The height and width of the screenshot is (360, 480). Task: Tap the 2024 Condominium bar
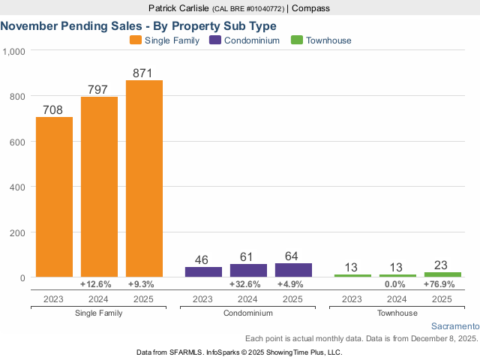click(248, 271)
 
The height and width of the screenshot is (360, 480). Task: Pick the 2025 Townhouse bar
click(442, 274)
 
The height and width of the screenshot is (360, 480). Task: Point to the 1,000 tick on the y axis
click(14, 51)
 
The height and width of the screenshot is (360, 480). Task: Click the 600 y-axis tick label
click(17, 142)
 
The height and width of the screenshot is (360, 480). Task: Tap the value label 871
click(144, 73)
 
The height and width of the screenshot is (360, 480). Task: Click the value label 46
click(203, 259)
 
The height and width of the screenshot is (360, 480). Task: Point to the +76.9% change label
click(442, 285)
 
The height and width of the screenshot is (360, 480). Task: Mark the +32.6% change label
click(248, 285)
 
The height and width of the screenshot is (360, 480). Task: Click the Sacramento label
click(454, 327)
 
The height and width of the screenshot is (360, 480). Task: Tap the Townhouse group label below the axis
click(397, 313)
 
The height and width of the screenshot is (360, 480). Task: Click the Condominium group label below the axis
click(248, 313)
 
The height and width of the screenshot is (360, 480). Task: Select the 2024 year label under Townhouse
click(397, 298)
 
